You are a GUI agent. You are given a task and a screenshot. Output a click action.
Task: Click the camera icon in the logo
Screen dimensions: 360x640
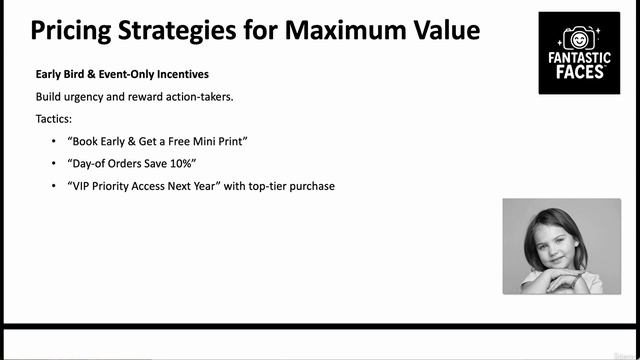click(579, 38)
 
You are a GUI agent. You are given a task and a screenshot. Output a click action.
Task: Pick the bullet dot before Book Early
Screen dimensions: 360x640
click(53, 141)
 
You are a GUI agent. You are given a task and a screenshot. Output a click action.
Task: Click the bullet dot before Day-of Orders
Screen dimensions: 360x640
click(53, 163)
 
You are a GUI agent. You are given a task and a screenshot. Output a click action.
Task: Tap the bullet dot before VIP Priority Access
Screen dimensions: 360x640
click(53, 185)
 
